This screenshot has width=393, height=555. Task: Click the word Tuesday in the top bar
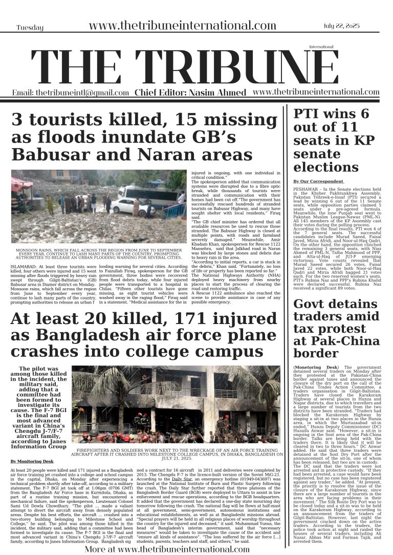[x=30, y=28]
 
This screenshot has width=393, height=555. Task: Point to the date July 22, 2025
[x=346, y=26]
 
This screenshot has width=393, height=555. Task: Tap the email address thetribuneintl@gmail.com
[x=71, y=92]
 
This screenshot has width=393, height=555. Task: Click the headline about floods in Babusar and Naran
[x=144, y=137]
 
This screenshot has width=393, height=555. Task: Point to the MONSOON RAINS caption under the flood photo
[x=99, y=254]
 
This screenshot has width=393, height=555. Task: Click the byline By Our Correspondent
[x=318, y=181]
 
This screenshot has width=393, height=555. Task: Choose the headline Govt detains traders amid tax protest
[x=335, y=329]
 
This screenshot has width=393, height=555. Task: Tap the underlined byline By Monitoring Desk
[x=32, y=461]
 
